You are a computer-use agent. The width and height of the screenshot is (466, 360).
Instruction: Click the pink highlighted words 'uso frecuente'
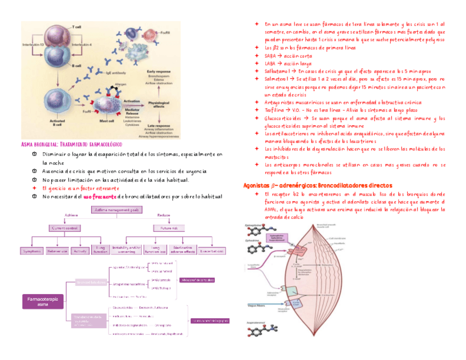[99, 196]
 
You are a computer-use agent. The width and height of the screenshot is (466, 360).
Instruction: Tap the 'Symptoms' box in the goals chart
[32, 251]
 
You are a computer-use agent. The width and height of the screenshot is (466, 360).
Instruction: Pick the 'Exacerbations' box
[213, 251]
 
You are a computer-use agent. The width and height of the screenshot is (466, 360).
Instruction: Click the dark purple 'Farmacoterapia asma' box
[42, 301]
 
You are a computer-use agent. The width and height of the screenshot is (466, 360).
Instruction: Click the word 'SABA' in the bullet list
[270, 56]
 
